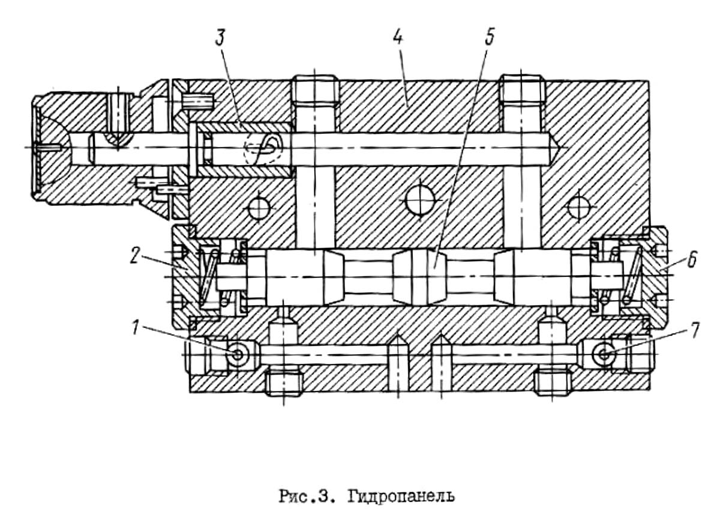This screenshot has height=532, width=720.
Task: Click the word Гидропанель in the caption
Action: (x=401, y=497)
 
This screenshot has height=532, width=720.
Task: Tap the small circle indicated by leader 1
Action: (x=237, y=354)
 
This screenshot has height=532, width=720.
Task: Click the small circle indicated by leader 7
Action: (x=604, y=354)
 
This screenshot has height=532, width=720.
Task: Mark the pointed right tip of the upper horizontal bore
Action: (x=567, y=148)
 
